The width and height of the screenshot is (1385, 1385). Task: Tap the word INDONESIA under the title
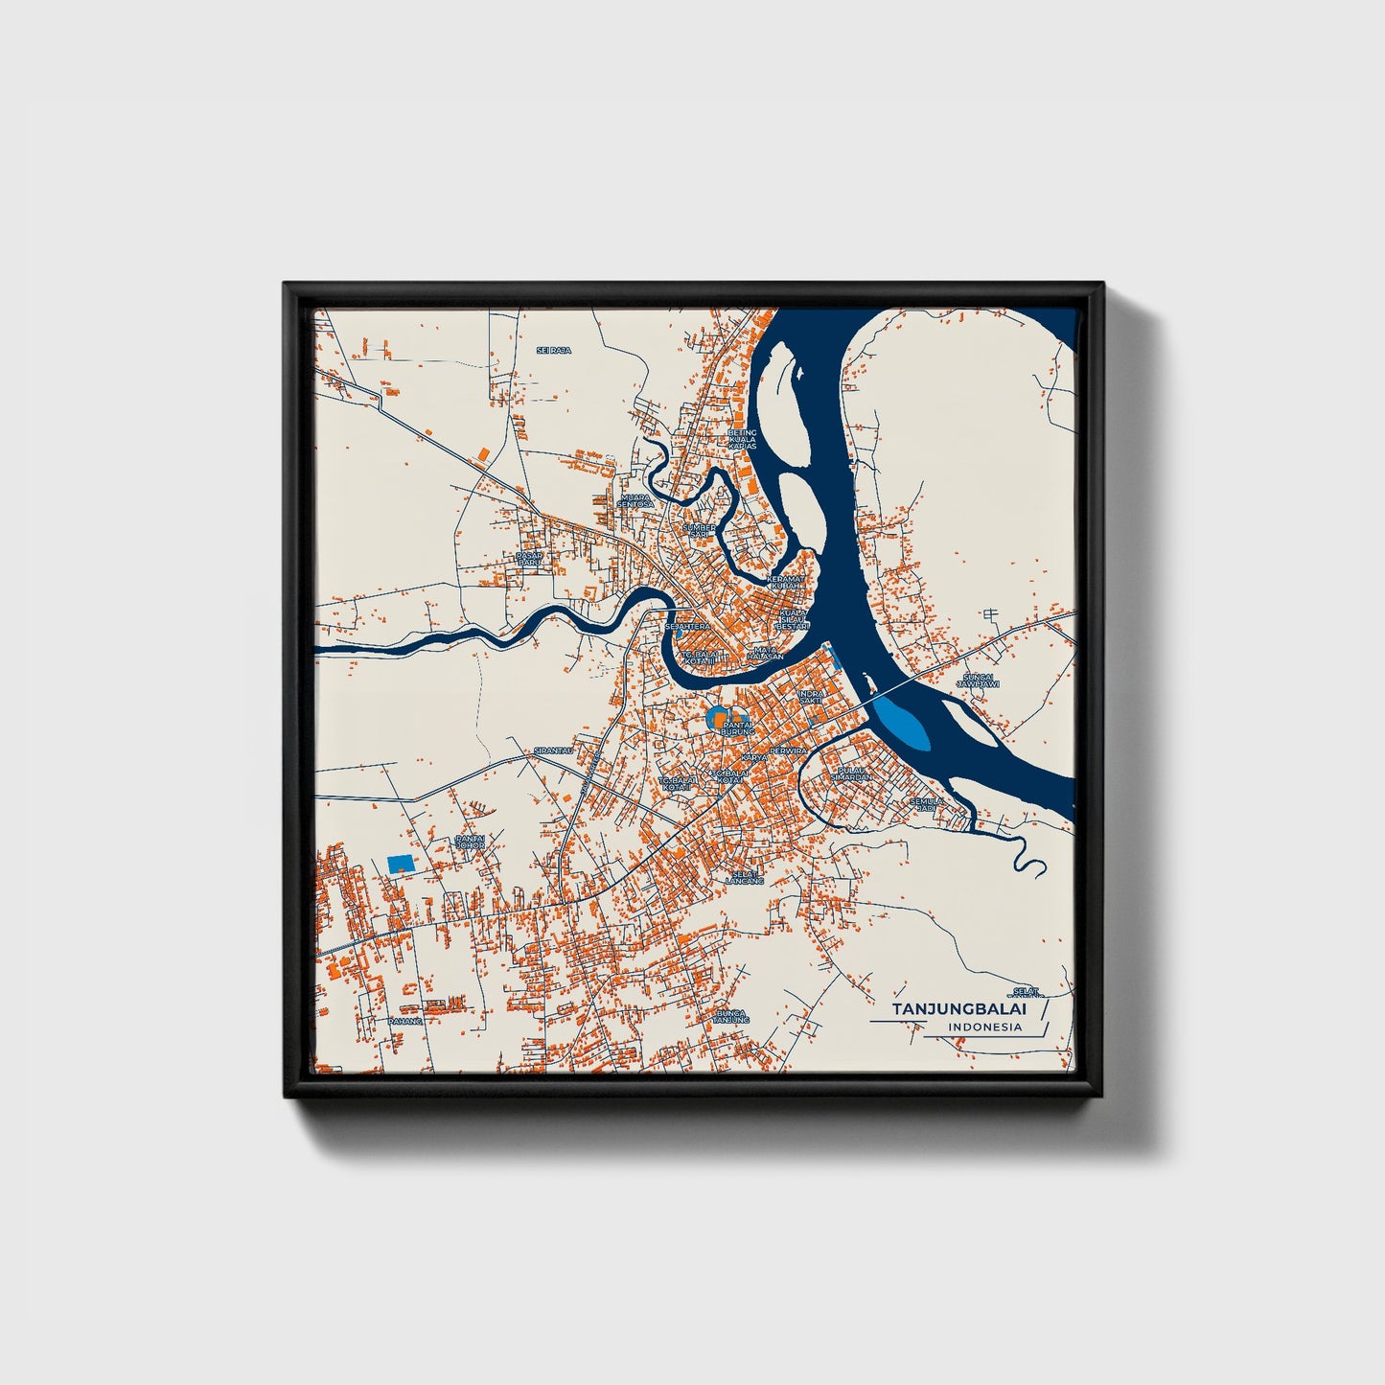[x=984, y=1027]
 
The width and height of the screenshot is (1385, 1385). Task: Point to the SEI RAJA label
[x=553, y=351]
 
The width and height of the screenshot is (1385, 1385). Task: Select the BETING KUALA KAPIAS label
[x=742, y=439]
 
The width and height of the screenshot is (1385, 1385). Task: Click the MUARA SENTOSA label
[x=635, y=500]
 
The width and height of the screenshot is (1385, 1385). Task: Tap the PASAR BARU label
[x=529, y=559]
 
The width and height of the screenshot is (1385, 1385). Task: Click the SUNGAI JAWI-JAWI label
[x=979, y=681]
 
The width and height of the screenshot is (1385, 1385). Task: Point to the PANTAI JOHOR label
[x=470, y=842]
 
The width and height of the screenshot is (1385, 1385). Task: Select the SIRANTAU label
[x=553, y=750]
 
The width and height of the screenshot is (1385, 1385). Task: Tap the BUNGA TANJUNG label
[x=730, y=1016]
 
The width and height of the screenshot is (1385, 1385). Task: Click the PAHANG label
[x=404, y=1021]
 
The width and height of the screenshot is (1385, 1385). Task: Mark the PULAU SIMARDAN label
[x=853, y=773]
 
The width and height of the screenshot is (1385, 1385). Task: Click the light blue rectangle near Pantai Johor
[x=401, y=863]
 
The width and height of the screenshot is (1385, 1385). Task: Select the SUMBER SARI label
[x=699, y=530]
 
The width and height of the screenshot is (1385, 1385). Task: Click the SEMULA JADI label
[x=926, y=804]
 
